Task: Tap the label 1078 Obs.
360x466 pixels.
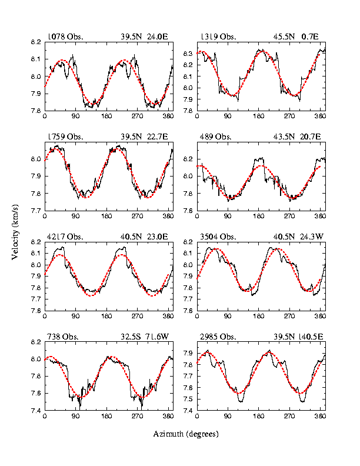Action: [65, 36]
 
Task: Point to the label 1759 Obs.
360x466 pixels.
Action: [65, 137]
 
